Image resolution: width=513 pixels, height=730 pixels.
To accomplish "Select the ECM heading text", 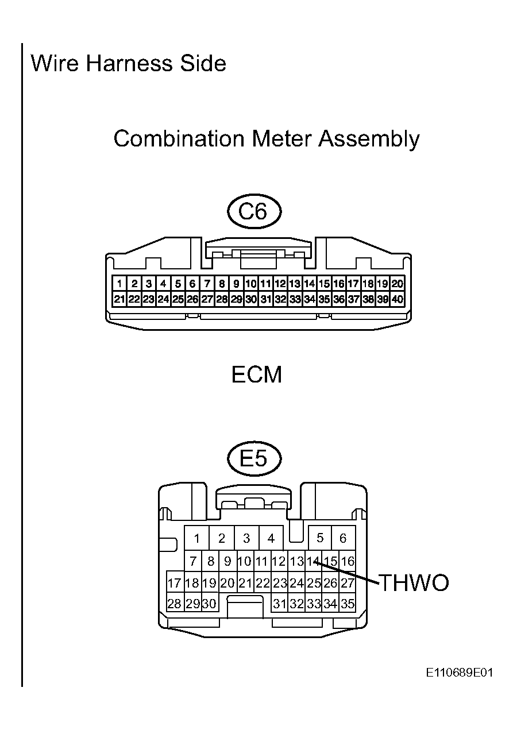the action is point(256,375).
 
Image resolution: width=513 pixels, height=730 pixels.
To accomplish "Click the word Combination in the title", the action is point(179,138).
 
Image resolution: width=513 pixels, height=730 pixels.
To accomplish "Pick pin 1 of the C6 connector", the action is point(119,284).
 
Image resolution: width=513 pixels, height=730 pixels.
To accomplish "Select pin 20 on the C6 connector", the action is point(398,284).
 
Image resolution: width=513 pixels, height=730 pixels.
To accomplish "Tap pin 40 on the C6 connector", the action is point(398,299).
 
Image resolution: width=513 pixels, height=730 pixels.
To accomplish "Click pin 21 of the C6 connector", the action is point(119,299).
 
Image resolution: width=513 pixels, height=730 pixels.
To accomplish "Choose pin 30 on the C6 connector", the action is point(251,299).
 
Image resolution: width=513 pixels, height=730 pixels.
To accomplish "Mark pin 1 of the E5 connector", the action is point(197,538).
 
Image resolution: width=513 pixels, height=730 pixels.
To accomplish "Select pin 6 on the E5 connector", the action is point(343,538).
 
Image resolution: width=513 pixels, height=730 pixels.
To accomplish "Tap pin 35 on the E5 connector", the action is point(348,604).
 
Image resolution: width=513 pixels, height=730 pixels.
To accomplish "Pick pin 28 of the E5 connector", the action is point(175,604).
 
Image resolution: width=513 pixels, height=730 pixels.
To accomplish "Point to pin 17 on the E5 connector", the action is point(175,583).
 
